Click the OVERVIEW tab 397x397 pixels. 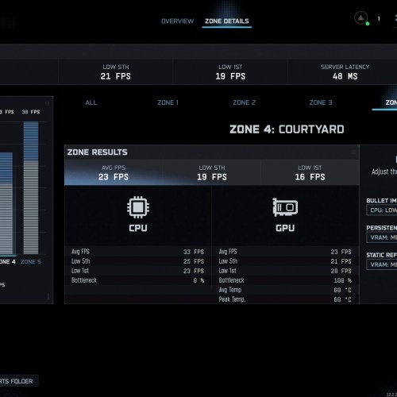pos(177,21)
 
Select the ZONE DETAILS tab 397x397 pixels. pos(226,21)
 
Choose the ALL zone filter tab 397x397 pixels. pos(91,102)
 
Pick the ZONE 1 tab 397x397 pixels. pos(167,102)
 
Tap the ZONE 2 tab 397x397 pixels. pos(244,102)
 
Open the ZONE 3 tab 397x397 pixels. pos(320,102)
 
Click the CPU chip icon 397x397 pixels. pos(138,208)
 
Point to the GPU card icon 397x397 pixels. pos(285,208)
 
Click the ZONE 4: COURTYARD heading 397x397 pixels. pos(287,129)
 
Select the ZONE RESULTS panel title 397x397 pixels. pos(98,152)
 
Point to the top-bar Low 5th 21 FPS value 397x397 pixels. pos(117,77)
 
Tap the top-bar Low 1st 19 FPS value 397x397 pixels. pos(231,77)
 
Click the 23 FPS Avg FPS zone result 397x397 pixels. pos(114,177)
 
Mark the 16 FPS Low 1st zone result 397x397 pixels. pos(310,177)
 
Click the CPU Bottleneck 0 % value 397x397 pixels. pos(198,280)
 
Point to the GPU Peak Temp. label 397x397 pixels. pos(234,299)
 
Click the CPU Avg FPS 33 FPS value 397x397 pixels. pos(194,252)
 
